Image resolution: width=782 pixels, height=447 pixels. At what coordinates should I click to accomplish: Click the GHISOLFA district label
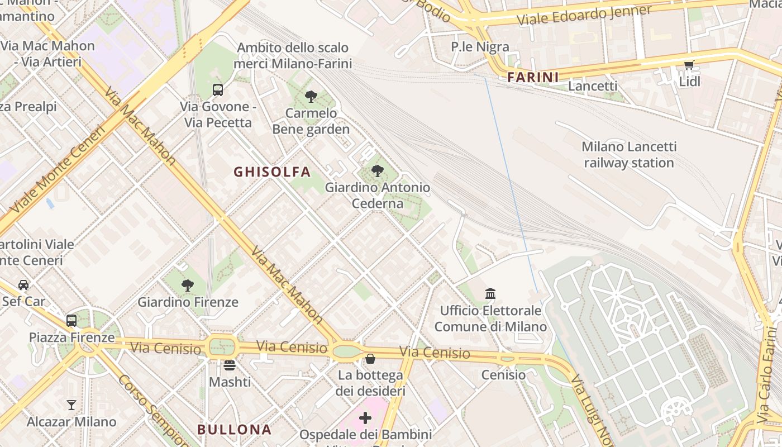(x=272, y=172)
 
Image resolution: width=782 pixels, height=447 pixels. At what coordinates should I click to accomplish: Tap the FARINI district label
(x=533, y=77)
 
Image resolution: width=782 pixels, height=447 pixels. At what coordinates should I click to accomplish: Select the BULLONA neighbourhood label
(x=234, y=429)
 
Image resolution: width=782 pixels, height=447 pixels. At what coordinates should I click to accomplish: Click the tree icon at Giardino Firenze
(x=188, y=286)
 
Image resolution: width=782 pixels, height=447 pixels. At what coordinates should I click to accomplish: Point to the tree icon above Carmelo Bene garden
(x=311, y=97)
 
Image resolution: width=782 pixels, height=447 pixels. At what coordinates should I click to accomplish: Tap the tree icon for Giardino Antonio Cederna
(x=378, y=171)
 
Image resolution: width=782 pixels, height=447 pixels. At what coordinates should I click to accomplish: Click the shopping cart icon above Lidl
(x=689, y=65)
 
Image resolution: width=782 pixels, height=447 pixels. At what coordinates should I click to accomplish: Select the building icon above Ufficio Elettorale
(x=490, y=293)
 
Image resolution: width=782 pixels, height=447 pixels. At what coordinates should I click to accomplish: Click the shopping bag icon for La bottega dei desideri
(x=370, y=359)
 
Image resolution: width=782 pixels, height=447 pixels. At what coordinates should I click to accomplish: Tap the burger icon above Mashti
(x=230, y=365)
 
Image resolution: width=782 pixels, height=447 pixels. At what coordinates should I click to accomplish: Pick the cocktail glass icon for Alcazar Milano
(x=71, y=405)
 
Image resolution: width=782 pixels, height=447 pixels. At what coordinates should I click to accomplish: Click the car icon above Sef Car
(x=23, y=284)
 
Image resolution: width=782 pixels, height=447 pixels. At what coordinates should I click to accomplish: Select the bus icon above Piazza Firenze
(x=71, y=321)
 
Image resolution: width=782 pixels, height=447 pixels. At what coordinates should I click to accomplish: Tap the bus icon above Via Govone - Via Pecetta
(x=218, y=89)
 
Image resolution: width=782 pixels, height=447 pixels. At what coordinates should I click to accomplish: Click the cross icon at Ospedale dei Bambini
(x=365, y=418)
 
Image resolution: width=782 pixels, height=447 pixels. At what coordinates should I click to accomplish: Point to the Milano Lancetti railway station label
(x=629, y=155)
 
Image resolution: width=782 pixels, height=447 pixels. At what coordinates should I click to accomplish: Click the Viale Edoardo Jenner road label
(x=584, y=15)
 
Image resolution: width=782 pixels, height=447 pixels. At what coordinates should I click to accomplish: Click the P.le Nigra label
(x=480, y=46)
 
